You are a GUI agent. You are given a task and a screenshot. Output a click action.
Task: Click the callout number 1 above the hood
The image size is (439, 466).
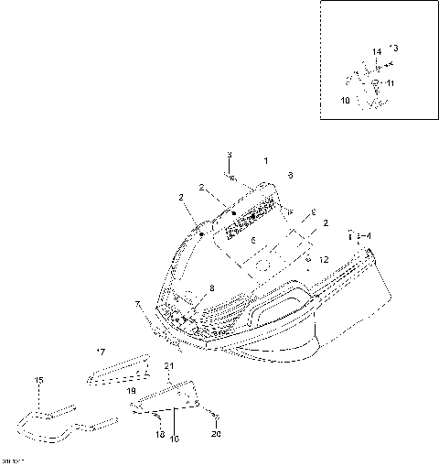tap(266, 160)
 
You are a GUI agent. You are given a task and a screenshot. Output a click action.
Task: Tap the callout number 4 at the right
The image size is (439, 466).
tap(369, 236)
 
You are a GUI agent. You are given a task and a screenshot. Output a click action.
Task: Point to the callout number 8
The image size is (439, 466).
tap(212, 287)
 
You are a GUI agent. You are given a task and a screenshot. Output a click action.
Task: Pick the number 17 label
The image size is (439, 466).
tap(101, 350)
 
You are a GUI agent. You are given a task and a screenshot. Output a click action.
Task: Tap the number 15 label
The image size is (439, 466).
tap(38, 380)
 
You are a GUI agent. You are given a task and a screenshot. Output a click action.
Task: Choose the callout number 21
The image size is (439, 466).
tap(168, 366)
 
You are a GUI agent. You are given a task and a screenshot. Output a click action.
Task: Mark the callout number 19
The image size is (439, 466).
tap(132, 389)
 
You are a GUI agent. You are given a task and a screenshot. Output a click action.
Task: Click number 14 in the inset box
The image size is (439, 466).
tap(376, 51)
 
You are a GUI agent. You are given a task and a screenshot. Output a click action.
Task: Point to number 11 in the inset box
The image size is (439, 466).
tap(391, 83)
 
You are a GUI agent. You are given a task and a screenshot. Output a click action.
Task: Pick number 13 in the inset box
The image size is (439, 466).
tap(394, 46)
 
